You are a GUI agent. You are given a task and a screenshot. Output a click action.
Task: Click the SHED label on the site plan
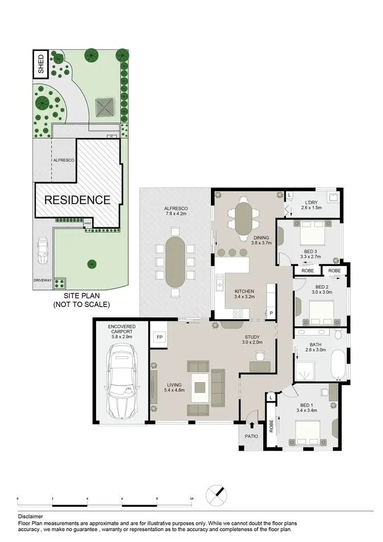(41, 64)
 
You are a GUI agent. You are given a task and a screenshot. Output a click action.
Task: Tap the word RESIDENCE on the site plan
(78, 200)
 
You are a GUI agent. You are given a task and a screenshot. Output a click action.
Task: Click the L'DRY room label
(312, 205)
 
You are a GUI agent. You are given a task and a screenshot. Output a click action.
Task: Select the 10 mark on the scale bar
(192, 498)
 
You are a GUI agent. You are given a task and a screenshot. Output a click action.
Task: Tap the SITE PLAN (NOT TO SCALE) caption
(82, 300)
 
